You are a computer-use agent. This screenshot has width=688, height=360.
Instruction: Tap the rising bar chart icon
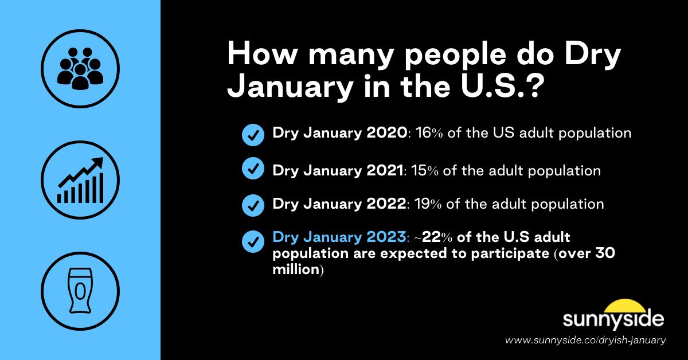point(80,180)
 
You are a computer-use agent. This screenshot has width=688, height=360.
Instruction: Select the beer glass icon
point(80,291)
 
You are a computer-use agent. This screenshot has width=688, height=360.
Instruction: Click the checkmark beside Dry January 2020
point(253,134)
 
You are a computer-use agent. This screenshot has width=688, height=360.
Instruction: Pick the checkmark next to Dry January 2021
point(253,170)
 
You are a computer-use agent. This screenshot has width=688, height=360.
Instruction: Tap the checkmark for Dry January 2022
point(253,205)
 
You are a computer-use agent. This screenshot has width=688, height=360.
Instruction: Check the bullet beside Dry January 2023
point(253,241)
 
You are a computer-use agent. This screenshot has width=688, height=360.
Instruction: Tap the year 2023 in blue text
point(386,238)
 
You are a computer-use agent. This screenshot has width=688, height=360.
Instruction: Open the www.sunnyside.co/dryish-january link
point(585,340)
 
